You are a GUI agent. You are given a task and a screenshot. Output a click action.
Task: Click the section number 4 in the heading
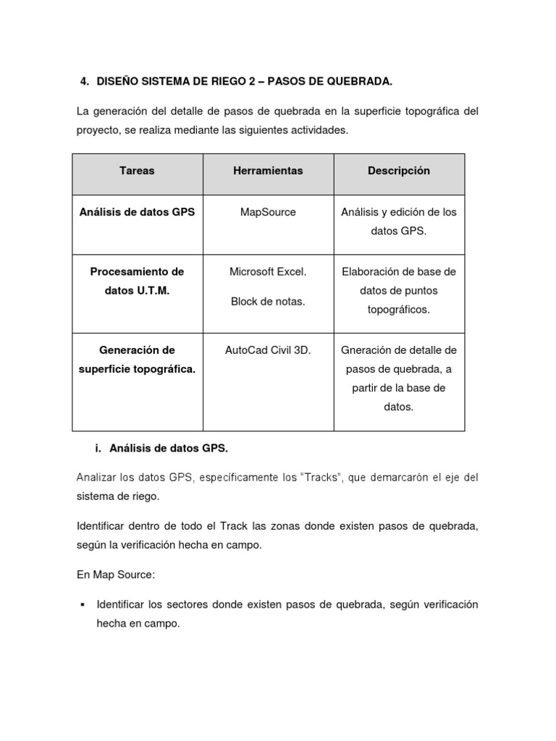pos(83,82)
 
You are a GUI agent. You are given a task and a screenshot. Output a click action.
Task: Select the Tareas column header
pos(137,171)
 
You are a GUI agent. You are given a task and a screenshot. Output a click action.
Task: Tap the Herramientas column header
pos(268,171)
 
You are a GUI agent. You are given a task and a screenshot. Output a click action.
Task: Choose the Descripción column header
pos(398,171)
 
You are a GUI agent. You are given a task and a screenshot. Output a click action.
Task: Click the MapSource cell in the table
pos(268,213)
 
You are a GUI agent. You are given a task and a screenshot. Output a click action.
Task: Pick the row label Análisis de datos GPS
pos(137,213)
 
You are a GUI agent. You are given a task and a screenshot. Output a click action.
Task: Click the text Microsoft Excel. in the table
pos(268,272)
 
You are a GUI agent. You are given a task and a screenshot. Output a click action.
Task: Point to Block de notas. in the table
pos(268,302)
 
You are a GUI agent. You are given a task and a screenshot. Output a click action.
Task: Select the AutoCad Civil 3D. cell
pos(268,350)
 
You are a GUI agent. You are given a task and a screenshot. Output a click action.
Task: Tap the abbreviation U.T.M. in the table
pos(151,291)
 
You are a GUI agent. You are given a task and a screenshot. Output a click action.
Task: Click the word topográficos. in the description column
pos(398,310)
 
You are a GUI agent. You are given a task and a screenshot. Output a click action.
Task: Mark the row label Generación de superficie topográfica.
pos(137,360)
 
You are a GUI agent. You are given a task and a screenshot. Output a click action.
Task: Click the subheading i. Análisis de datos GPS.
pos(161,449)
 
